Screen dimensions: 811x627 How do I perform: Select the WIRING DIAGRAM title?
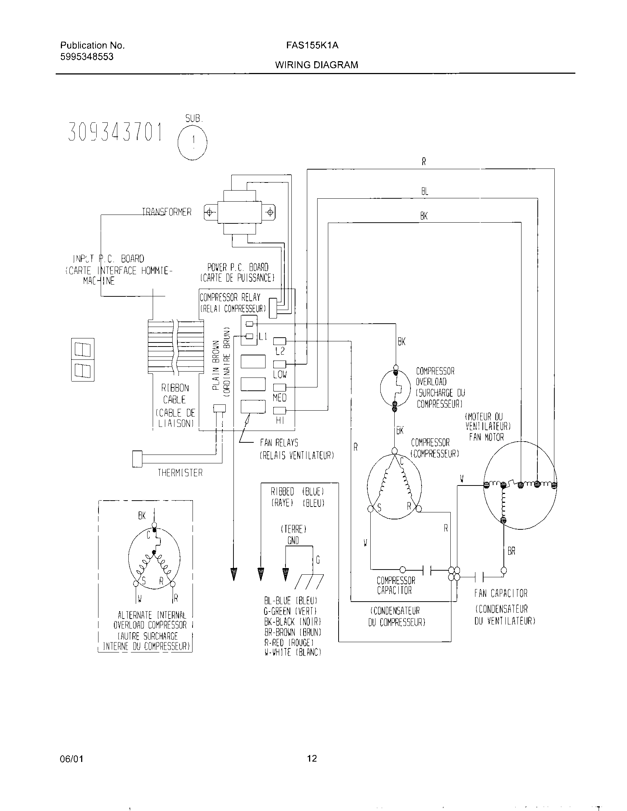[316, 65]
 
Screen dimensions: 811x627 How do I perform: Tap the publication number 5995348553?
[87, 57]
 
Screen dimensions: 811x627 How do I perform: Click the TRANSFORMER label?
[167, 212]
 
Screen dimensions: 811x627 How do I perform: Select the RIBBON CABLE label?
[174, 394]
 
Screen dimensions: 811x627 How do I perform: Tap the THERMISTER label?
[180, 473]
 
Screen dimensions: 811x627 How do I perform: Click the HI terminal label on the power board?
[280, 420]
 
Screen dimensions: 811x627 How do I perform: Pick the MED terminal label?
[279, 398]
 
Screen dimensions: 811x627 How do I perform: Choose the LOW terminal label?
[280, 374]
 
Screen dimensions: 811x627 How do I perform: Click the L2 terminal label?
[280, 351]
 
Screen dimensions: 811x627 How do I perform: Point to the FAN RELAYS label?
[279, 443]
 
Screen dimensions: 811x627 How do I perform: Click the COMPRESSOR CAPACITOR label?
[396, 585]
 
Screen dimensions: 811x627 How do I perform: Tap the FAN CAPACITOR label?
[500, 594]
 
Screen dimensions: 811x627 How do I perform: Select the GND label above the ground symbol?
[293, 541]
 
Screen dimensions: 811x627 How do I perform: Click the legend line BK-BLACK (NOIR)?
[292, 622]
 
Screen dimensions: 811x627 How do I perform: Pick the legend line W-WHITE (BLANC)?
[292, 652]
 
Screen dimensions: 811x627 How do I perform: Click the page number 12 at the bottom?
[312, 758]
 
